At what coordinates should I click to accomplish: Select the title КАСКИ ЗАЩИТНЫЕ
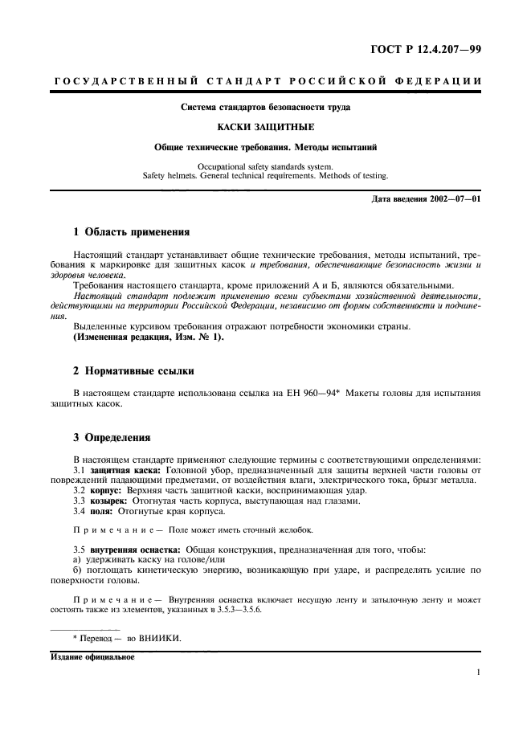click(265, 127)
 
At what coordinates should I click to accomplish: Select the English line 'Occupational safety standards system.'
click(265, 165)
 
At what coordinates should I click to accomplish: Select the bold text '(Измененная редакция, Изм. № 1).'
click(149, 337)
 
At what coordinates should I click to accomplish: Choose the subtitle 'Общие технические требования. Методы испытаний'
click(265, 148)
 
